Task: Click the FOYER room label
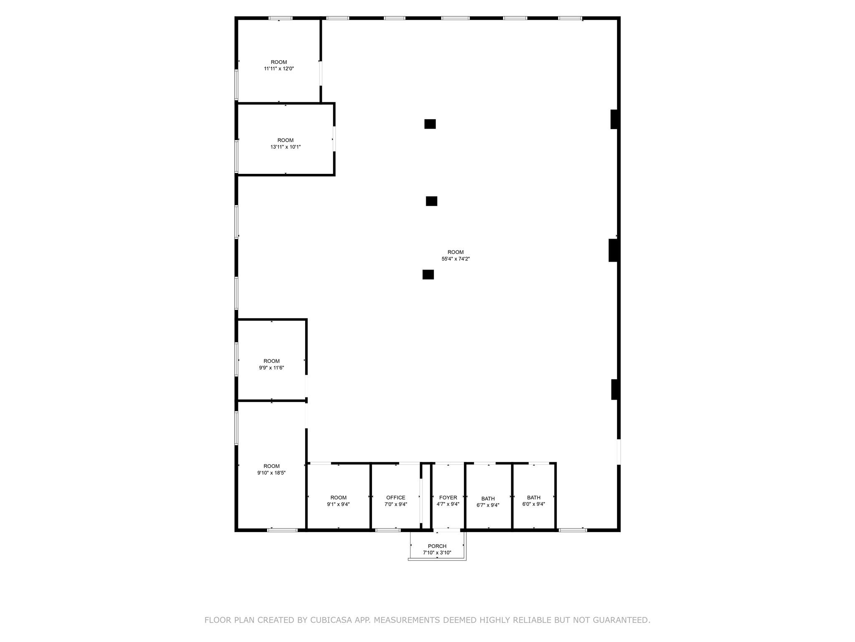(448, 497)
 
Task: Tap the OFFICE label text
(395, 497)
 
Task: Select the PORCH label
(437, 546)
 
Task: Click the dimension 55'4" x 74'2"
(455, 259)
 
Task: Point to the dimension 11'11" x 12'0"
(279, 69)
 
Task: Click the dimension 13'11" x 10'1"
(286, 147)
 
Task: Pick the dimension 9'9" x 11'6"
(271, 368)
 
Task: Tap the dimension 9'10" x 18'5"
(271, 473)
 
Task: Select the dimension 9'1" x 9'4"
(338, 504)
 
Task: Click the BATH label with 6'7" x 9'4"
(488, 499)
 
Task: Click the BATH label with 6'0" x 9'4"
(534, 497)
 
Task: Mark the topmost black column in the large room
(430, 124)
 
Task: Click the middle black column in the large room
(431, 201)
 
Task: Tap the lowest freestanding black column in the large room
(428, 275)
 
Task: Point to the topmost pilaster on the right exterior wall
(614, 119)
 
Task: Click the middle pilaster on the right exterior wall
(613, 250)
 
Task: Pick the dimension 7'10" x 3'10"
(437, 553)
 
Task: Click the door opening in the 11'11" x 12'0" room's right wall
(321, 73)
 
